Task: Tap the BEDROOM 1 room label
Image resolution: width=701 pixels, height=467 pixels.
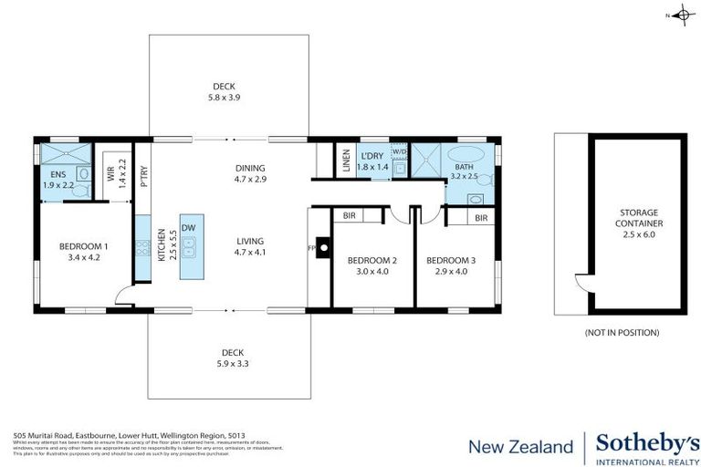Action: pyautogui.click(x=84, y=252)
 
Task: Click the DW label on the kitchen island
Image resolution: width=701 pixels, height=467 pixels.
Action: pyautogui.click(x=188, y=228)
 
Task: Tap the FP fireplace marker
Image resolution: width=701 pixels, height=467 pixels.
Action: pyautogui.click(x=312, y=247)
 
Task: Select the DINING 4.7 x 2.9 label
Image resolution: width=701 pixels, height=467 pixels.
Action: pyautogui.click(x=249, y=173)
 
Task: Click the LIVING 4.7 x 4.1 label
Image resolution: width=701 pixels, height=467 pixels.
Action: pyautogui.click(x=249, y=244)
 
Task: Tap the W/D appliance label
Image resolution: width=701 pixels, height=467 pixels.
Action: pyautogui.click(x=399, y=151)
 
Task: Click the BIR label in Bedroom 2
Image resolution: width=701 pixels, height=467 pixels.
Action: pyautogui.click(x=349, y=216)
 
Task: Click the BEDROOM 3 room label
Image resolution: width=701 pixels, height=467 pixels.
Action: pyautogui.click(x=451, y=265)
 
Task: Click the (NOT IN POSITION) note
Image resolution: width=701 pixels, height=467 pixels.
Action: pyautogui.click(x=622, y=333)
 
